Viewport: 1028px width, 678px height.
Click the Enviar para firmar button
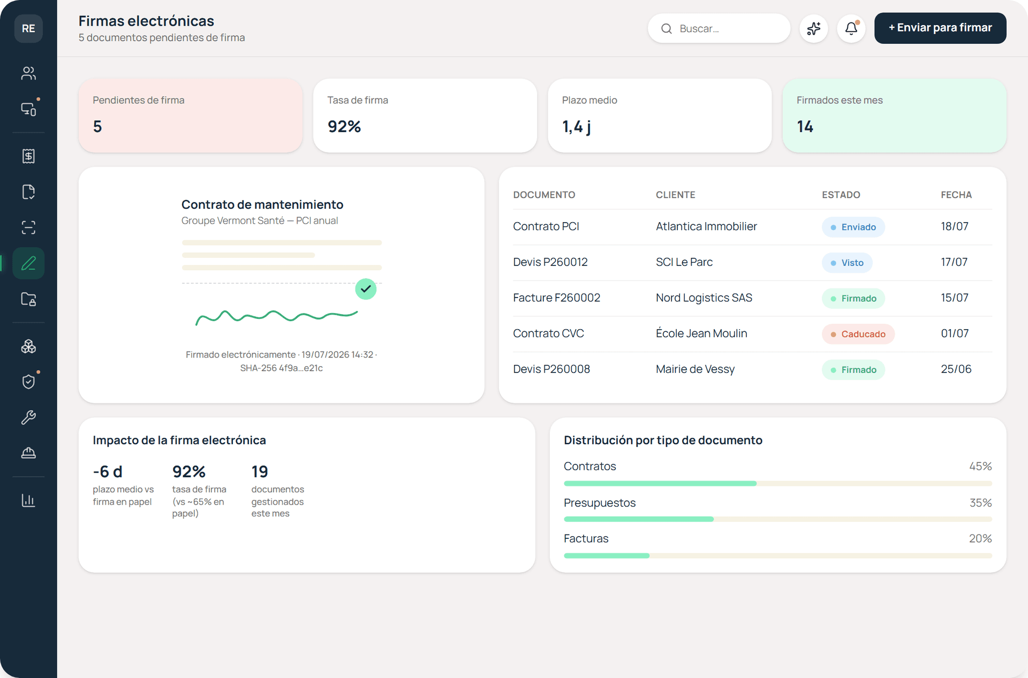tap(940, 28)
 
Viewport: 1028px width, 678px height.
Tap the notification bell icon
tap(851, 28)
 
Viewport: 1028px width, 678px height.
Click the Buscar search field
tap(719, 28)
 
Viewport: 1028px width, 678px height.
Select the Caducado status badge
tap(858, 334)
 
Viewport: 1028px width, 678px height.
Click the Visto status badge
tap(847, 263)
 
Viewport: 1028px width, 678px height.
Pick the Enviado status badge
tap(853, 227)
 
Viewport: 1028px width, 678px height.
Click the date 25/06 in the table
tap(956, 369)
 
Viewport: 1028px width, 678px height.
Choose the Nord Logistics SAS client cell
tap(704, 298)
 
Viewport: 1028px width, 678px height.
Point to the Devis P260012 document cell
tap(550, 262)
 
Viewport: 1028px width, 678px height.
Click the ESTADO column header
tap(841, 195)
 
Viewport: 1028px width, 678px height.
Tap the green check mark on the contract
tap(366, 289)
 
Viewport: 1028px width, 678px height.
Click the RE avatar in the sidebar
tap(28, 28)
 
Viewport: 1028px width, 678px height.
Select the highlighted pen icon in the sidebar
tap(28, 263)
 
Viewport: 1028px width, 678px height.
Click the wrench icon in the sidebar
tap(28, 417)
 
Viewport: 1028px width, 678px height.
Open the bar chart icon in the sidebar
tap(28, 500)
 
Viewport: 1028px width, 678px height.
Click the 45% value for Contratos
tap(980, 466)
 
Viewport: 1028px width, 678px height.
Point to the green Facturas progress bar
tap(607, 555)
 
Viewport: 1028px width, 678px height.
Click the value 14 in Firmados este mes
tap(805, 126)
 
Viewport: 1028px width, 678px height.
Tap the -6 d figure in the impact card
tap(108, 471)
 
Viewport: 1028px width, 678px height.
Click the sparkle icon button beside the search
tap(814, 28)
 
